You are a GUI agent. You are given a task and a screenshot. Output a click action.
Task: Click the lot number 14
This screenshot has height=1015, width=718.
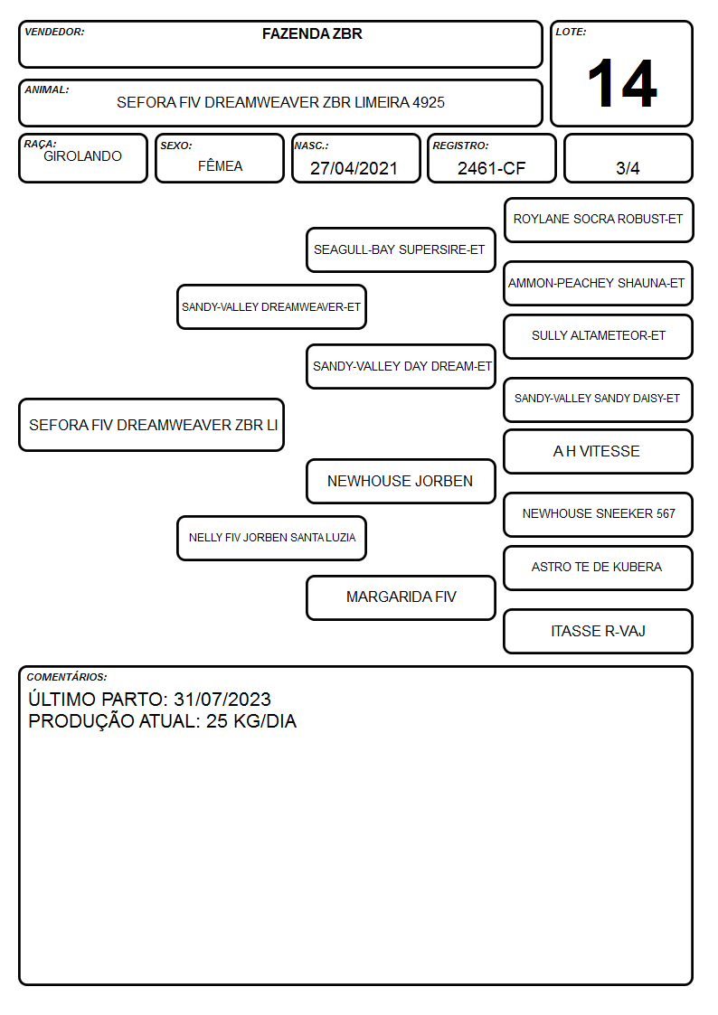tap(622, 83)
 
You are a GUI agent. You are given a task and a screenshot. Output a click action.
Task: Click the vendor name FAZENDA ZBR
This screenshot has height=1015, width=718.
tap(312, 33)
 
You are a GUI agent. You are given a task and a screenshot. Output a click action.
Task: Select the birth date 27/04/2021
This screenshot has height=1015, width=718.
tap(354, 168)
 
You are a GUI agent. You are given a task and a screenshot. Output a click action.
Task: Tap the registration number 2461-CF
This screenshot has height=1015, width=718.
tap(491, 168)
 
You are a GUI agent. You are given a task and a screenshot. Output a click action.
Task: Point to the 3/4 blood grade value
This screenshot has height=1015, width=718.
tap(628, 168)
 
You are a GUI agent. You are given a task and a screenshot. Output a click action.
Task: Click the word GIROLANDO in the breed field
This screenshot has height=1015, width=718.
tap(82, 156)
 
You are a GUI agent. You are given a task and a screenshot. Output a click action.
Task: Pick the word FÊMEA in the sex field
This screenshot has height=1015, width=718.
tap(220, 165)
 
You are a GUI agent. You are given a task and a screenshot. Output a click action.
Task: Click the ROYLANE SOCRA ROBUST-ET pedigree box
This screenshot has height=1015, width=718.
tap(599, 220)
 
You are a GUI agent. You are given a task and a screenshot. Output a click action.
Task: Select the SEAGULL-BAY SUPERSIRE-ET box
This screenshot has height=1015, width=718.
tap(400, 249)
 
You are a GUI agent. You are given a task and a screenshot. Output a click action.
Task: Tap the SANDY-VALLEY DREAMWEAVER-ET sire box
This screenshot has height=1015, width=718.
tap(271, 306)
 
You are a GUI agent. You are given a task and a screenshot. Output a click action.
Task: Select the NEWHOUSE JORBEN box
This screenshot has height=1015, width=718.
tap(400, 481)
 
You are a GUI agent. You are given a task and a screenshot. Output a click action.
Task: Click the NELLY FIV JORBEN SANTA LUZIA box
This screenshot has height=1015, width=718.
tap(271, 538)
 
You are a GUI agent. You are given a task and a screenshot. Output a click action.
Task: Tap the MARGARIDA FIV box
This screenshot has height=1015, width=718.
tap(400, 597)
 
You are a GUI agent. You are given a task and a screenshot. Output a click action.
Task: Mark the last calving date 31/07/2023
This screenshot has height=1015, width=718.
tap(222, 699)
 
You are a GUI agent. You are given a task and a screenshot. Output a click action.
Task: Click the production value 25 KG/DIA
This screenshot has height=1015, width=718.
tap(251, 721)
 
